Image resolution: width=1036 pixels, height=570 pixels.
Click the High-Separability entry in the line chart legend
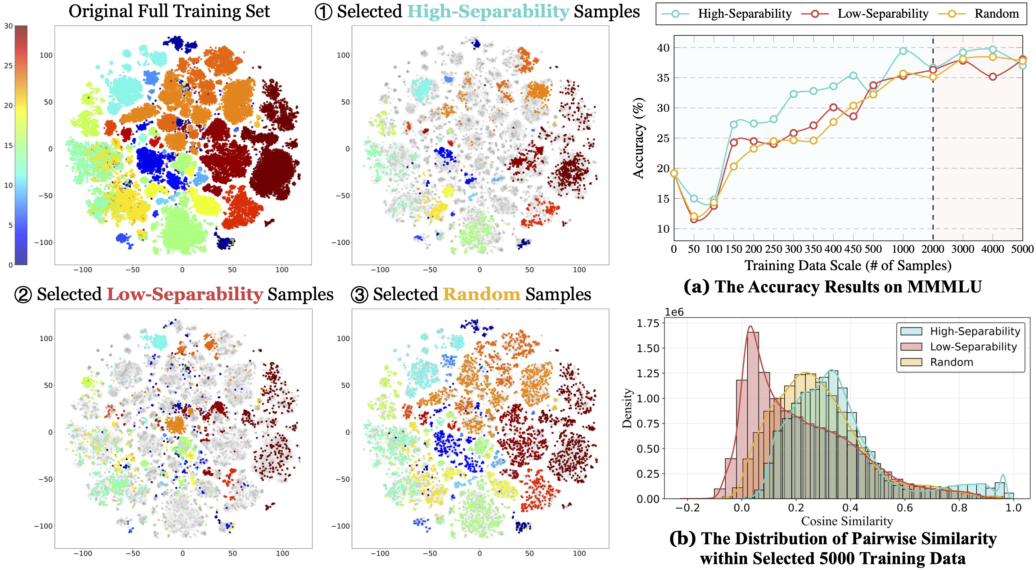pos(744,14)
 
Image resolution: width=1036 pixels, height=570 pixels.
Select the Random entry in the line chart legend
pos(996,14)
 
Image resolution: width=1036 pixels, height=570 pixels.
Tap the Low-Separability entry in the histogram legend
pos(973,346)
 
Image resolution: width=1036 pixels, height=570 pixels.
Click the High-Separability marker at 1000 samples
pos(903,51)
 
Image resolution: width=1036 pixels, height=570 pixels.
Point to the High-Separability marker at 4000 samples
pos(993,49)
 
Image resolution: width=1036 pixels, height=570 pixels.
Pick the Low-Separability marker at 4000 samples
pos(993,77)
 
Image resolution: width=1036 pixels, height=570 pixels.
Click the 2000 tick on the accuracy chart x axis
pos(933,249)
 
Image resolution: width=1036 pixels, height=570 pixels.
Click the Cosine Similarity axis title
pos(847,521)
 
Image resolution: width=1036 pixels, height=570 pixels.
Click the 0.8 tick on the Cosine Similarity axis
pos(959,508)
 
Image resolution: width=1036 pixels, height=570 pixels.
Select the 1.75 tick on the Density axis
pos(648,323)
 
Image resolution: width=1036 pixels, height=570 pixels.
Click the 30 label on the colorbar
pos(8,26)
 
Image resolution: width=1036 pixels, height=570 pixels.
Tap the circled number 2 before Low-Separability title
pos(23,295)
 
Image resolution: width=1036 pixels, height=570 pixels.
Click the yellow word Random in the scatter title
pos(481,294)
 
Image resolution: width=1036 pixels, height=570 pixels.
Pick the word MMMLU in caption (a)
pos(944,287)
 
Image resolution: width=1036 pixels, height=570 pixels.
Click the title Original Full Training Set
pos(169,11)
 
